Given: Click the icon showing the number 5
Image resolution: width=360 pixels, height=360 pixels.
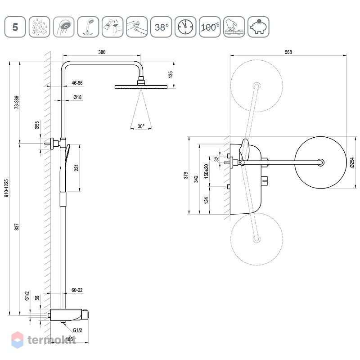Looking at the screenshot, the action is click(x=15, y=27).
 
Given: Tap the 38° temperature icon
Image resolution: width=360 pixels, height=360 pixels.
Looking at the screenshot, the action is click(x=161, y=27).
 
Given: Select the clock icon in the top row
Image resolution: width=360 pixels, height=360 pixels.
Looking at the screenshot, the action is click(x=185, y=27).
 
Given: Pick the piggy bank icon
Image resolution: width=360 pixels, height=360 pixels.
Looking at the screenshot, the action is click(x=258, y=27).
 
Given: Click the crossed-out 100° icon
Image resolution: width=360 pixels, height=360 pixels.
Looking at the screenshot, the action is click(x=210, y=27).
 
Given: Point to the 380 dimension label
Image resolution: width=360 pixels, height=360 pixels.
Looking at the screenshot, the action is click(x=102, y=52).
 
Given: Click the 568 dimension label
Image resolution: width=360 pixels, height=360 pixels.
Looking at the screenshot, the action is click(x=288, y=52).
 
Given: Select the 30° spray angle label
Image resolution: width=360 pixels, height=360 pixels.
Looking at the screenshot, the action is click(x=141, y=126).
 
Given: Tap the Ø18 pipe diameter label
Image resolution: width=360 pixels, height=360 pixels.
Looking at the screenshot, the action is click(x=77, y=97).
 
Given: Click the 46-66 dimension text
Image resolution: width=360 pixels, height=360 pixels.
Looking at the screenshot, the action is click(x=77, y=83).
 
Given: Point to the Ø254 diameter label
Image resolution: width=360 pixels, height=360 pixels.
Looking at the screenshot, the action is click(x=352, y=162).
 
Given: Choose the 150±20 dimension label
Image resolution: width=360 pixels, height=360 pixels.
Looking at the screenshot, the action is click(x=206, y=171).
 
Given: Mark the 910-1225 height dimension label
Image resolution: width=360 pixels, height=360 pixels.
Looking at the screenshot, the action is click(x=6, y=188).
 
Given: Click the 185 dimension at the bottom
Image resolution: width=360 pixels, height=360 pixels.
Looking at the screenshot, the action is click(x=69, y=339).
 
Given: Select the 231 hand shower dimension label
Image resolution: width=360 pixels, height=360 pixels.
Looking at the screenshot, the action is click(x=76, y=167).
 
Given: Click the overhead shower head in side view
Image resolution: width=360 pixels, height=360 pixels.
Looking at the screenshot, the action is click(x=141, y=86).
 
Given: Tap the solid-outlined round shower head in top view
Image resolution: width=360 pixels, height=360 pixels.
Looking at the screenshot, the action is click(x=320, y=162).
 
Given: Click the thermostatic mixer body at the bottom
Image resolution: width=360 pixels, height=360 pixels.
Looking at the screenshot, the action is click(x=69, y=315).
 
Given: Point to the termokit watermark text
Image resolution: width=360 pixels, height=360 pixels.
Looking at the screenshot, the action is click(x=52, y=340).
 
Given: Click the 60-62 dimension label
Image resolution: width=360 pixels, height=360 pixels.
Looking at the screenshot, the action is click(x=77, y=290).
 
